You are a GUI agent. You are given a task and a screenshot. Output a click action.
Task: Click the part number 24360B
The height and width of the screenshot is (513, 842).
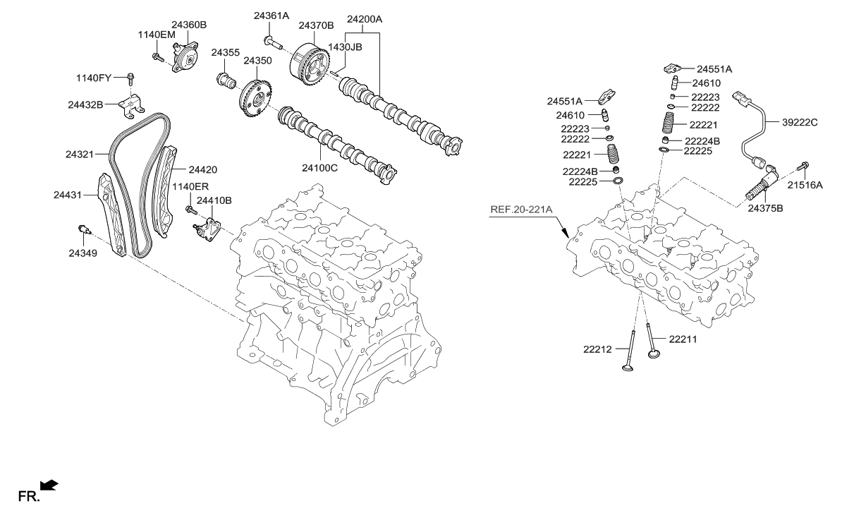[188, 24]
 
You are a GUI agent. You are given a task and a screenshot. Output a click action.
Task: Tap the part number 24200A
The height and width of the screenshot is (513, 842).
[365, 19]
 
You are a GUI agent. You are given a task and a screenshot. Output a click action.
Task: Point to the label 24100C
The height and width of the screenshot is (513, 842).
[320, 169]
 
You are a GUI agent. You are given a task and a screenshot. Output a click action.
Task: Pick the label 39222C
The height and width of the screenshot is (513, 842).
[799, 122]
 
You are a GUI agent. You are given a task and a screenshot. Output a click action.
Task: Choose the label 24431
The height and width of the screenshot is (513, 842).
[68, 193]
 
